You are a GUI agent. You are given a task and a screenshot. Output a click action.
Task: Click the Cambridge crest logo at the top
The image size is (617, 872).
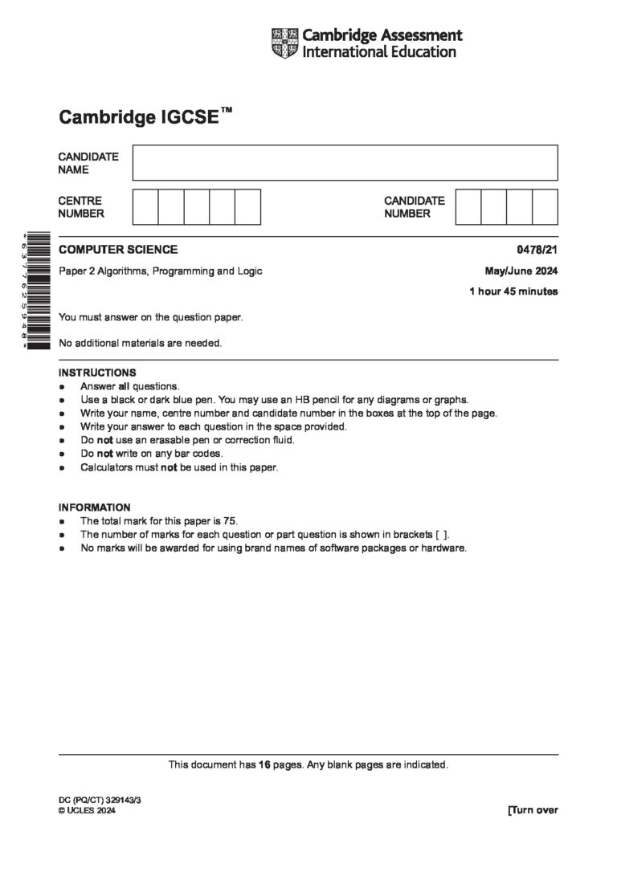click(x=285, y=43)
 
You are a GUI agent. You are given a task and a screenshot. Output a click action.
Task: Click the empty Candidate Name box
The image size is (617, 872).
click(x=345, y=162)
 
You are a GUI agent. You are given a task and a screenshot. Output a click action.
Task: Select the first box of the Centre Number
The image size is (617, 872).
click(x=145, y=206)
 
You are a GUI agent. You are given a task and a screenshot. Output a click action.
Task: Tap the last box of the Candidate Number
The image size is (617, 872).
click(x=545, y=206)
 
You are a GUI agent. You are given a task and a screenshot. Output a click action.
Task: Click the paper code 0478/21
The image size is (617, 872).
click(x=541, y=250)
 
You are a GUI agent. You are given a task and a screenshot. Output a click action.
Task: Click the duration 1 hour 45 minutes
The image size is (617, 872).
click(x=513, y=291)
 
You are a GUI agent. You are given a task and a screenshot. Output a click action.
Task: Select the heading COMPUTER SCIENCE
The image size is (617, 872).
click(x=118, y=250)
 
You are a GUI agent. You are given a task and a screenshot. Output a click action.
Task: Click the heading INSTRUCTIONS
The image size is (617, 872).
click(x=97, y=373)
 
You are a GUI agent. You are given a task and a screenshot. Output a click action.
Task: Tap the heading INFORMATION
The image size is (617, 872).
click(x=94, y=507)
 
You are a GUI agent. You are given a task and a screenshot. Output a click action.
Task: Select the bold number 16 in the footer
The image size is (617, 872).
click(x=264, y=764)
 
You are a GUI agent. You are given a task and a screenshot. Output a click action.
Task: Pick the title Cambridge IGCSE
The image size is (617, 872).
click(x=138, y=118)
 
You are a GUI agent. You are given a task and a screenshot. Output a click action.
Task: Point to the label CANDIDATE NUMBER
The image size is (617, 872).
click(x=414, y=207)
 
